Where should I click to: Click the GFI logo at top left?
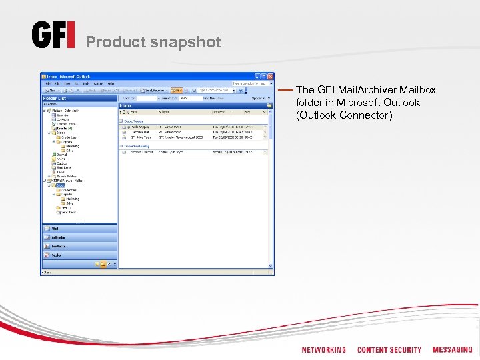pos(53,35)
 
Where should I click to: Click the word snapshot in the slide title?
pos(188,42)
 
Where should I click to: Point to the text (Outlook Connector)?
pos(344,115)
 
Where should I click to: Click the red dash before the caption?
pos(285,89)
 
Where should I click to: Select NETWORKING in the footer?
pos(324,350)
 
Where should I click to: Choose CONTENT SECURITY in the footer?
pos(389,350)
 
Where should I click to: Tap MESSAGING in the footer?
pos(452,350)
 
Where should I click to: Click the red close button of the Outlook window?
pos(270,77)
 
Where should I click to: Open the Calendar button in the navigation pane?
pos(79,237)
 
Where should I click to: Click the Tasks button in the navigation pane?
pos(79,255)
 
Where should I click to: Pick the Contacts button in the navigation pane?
pos(79,246)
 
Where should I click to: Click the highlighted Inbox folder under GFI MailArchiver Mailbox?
pos(62,185)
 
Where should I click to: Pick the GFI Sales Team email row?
pos(193,136)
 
